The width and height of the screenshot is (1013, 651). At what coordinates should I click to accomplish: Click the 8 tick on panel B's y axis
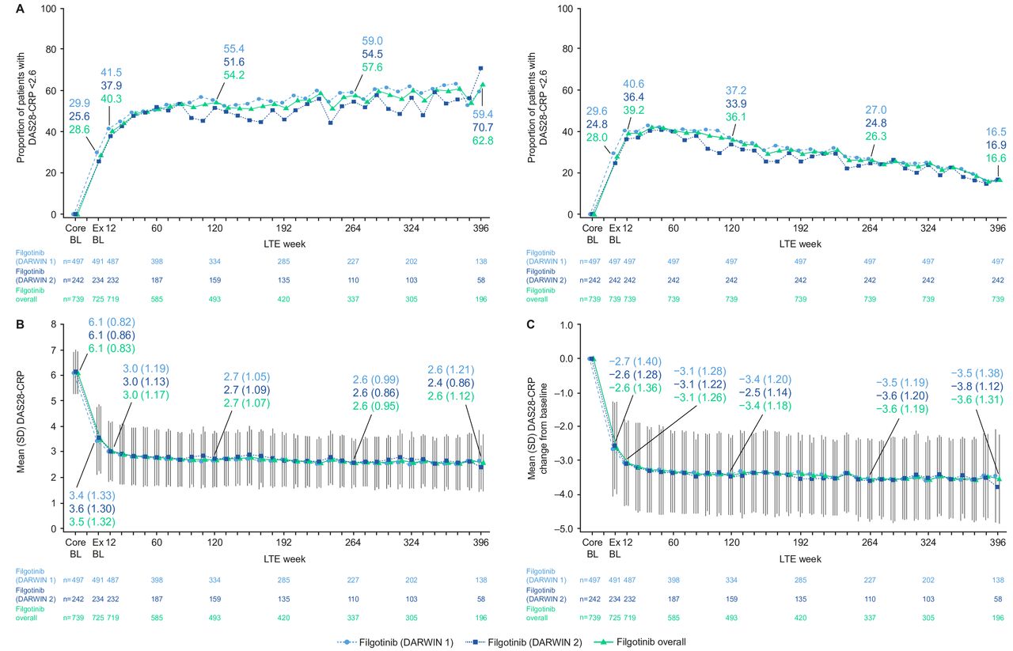(54, 324)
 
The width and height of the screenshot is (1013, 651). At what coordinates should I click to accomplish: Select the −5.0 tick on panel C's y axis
(565, 528)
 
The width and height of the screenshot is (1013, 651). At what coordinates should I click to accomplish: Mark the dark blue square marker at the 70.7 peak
(480, 68)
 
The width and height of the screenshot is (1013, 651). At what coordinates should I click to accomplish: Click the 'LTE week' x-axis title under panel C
(800, 558)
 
